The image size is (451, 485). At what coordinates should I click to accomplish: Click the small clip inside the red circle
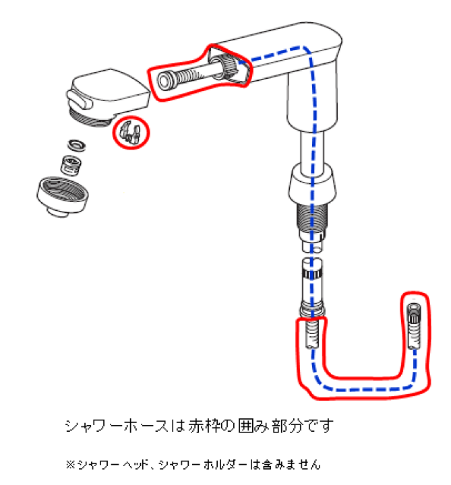(x=129, y=132)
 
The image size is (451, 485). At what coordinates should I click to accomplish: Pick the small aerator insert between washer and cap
(x=69, y=163)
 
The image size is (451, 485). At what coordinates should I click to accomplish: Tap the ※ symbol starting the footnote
(x=69, y=465)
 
